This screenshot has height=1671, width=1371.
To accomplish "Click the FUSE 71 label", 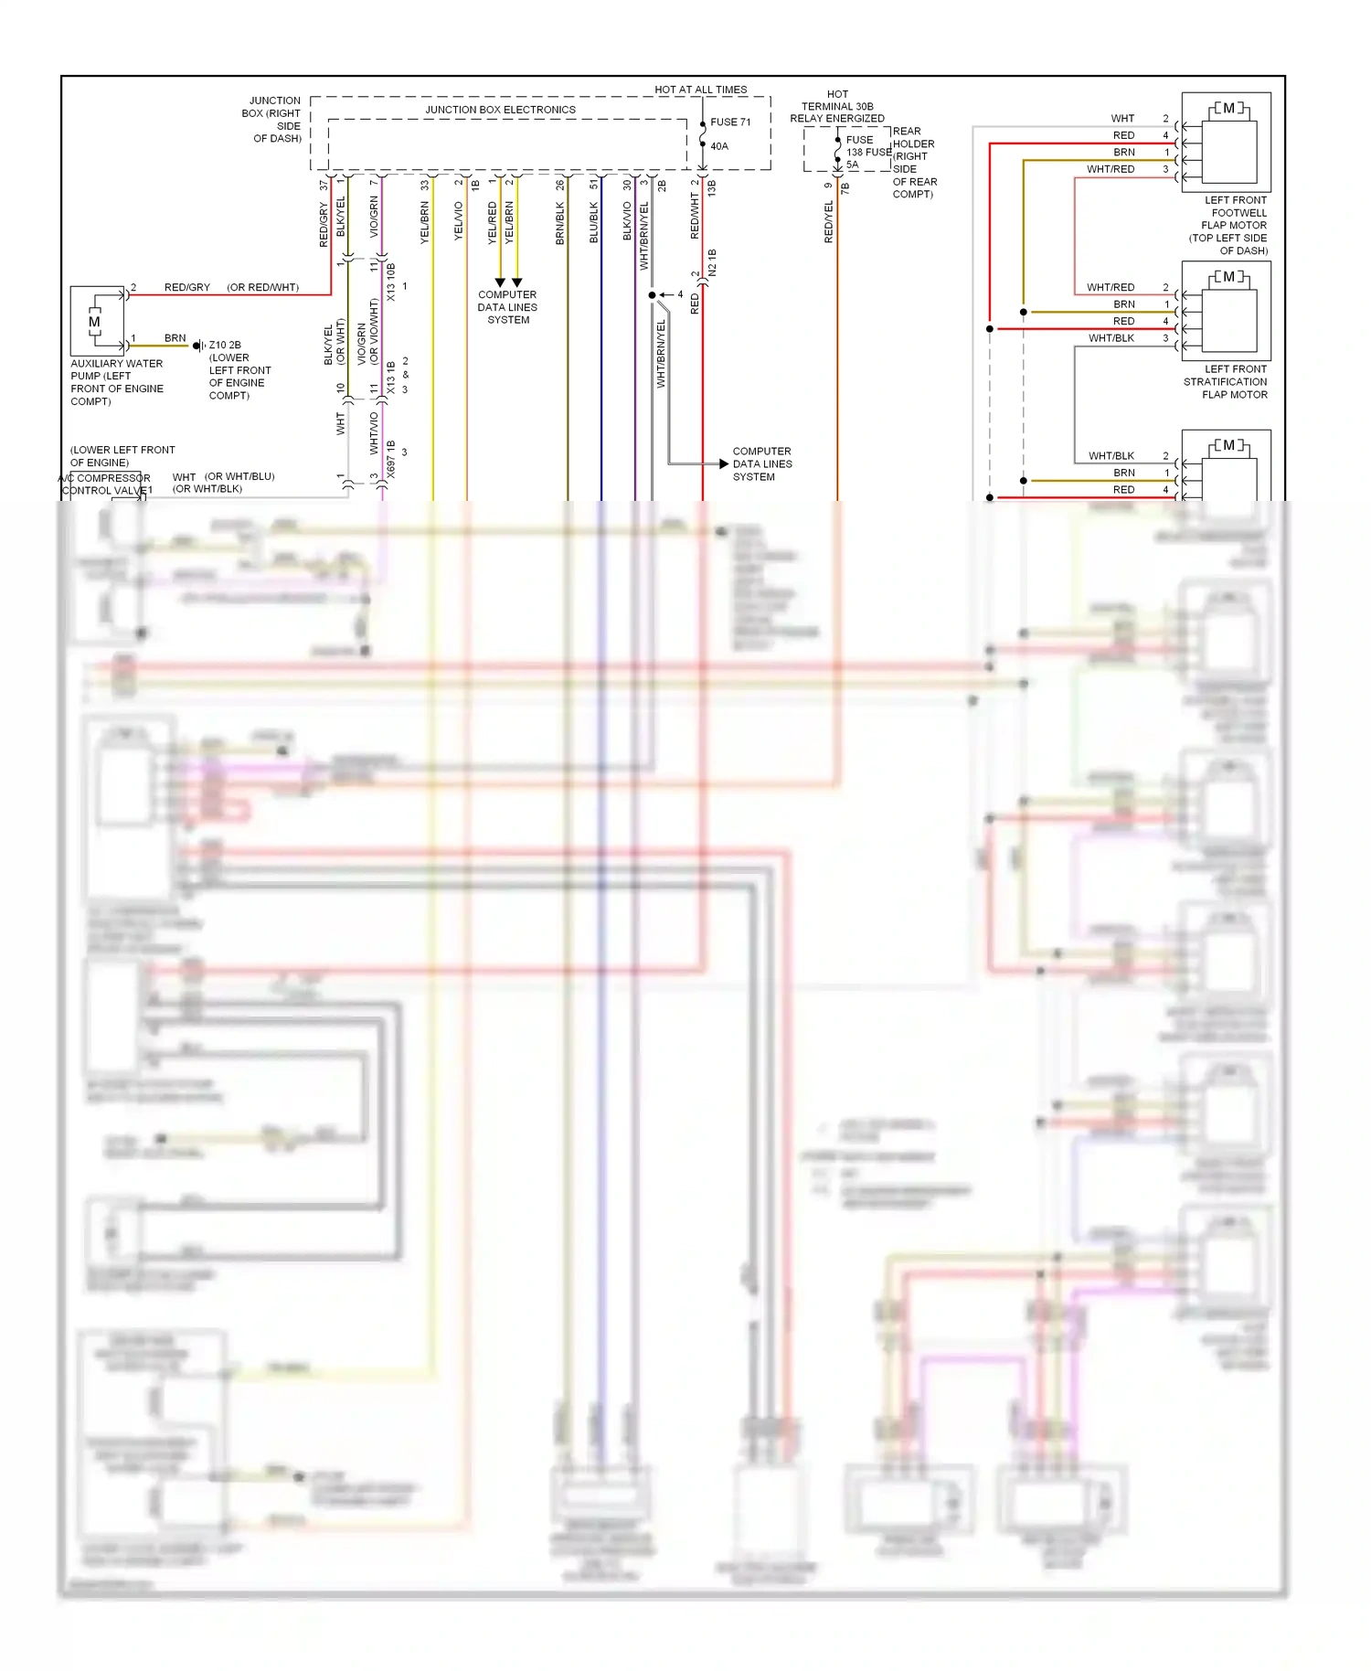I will pyautogui.click(x=730, y=122).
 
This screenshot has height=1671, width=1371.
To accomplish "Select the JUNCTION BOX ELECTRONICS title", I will pyautogui.click(x=500, y=110).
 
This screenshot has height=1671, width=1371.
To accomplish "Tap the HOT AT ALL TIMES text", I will pyautogui.click(x=700, y=90).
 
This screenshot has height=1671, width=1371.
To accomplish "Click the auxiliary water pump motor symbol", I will pyautogui.click(x=95, y=321).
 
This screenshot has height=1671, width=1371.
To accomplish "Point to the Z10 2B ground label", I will pyautogui.click(x=225, y=346).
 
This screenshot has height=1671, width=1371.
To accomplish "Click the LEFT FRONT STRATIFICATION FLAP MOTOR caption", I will pyautogui.click(x=1225, y=381).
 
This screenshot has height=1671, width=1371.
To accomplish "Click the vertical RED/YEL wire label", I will pyautogui.click(x=829, y=221).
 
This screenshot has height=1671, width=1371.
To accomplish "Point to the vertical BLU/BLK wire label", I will pyautogui.click(x=594, y=222).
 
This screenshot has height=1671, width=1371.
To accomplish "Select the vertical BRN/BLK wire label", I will pyautogui.click(x=560, y=223).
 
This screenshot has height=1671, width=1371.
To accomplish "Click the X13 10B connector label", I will pyautogui.click(x=391, y=282).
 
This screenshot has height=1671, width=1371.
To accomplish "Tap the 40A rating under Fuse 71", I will pyautogui.click(x=719, y=146).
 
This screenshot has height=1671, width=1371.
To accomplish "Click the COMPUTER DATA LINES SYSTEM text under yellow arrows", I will pyautogui.click(x=507, y=307).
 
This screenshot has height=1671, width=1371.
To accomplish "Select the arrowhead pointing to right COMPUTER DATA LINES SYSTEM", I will pyautogui.click(x=723, y=463).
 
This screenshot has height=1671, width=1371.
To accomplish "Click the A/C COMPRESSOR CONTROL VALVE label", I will pyautogui.click(x=105, y=484).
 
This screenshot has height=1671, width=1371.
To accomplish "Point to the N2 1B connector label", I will pyautogui.click(x=713, y=262).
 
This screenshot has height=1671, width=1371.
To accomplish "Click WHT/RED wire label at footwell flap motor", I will pyautogui.click(x=1111, y=169).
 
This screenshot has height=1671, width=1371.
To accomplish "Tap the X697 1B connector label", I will pyautogui.click(x=391, y=459).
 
